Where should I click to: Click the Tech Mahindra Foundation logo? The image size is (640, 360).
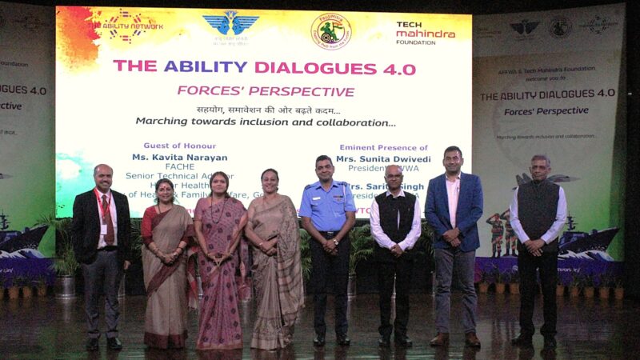(x=425, y=33)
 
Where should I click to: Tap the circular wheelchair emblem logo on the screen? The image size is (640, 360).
(x=330, y=31)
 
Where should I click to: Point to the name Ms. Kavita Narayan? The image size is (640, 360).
(x=179, y=158)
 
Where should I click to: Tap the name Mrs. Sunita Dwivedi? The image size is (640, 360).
(x=383, y=159)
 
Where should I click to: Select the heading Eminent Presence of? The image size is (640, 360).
(x=383, y=148)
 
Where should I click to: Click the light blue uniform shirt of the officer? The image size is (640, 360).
(x=326, y=208)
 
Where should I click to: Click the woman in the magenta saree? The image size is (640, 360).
(x=219, y=264)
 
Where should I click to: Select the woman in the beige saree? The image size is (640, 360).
(x=274, y=264)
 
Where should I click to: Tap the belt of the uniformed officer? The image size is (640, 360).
(x=327, y=234)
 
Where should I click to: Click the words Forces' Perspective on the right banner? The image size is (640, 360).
(x=546, y=110)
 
